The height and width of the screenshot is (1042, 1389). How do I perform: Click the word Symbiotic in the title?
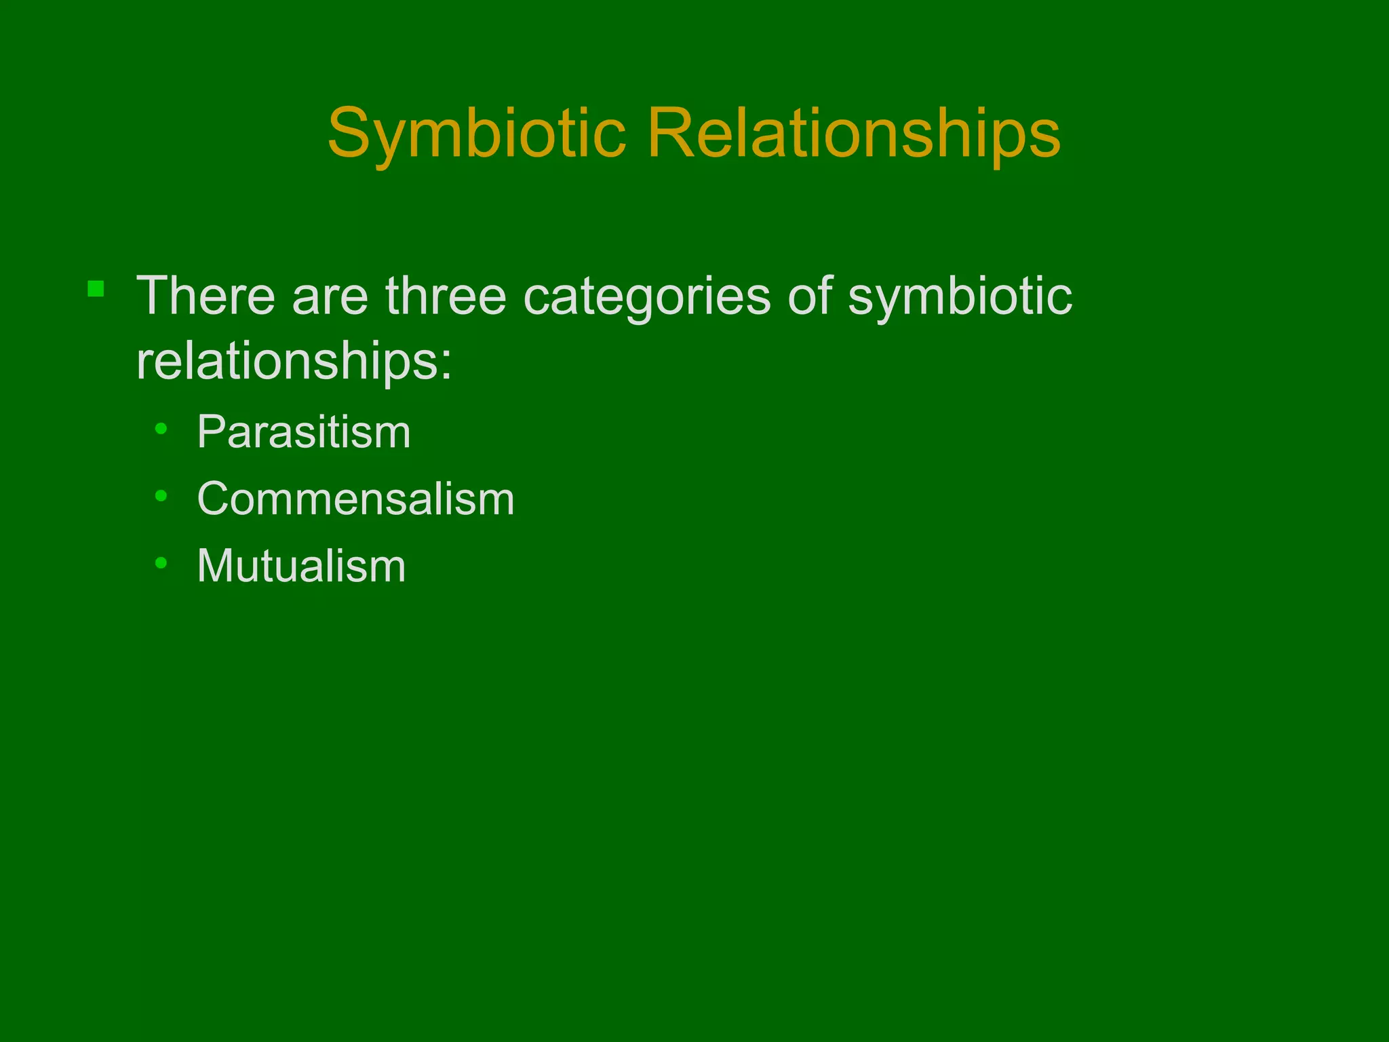(476, 134)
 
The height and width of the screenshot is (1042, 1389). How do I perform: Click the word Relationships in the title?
(853, 134)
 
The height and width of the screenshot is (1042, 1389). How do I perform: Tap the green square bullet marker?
(96, 290)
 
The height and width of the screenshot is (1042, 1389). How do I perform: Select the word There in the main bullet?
(206, 296)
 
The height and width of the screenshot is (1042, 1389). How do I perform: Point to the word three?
(446, 296)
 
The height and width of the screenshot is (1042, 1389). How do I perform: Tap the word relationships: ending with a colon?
(294, 362)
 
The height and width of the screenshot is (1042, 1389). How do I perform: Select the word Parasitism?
(304, 432)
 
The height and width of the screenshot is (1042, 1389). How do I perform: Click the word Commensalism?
(355, 499)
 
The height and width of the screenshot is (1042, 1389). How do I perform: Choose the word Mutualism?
(301, 566)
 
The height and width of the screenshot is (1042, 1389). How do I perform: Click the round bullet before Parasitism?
(161, 429)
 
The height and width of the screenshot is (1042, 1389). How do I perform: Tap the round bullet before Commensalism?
(161, 496)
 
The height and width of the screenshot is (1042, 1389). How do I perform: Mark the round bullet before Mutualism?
(161, 562)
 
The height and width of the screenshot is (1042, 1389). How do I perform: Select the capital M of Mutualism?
(217, 566)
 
